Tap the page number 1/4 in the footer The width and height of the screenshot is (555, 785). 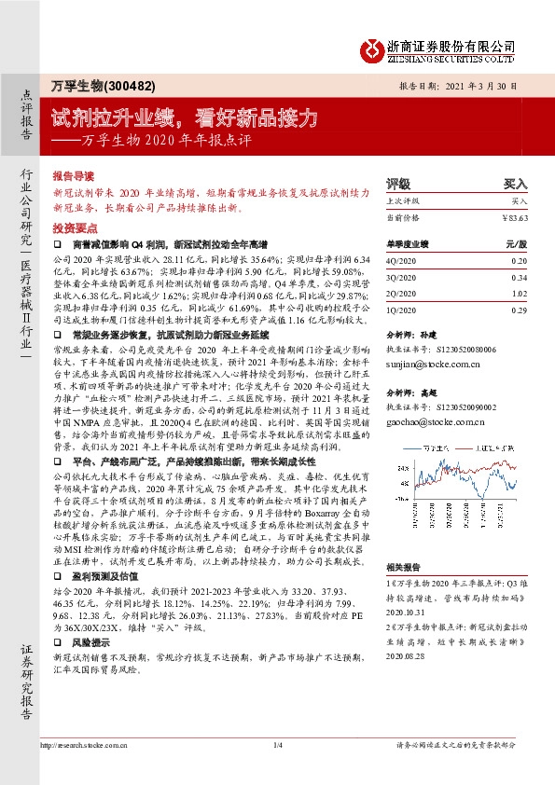277,745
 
